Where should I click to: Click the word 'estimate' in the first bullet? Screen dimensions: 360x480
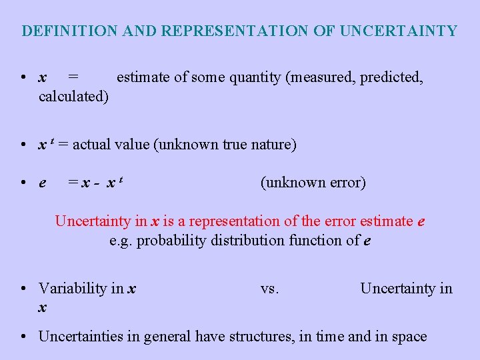tap(143, 77)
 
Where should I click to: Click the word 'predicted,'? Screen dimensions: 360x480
tap(391, 77)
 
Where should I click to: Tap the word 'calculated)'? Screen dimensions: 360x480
tap(74, 97)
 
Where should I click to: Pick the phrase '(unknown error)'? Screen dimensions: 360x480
tap(313, 183)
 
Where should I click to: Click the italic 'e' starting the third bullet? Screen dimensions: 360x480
tap(43, 183)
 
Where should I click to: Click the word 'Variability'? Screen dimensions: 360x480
tap(72, 288)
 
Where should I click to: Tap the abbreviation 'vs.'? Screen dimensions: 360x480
tap(270, 288)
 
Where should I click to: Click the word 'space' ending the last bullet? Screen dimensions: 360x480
tap(409, 337)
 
